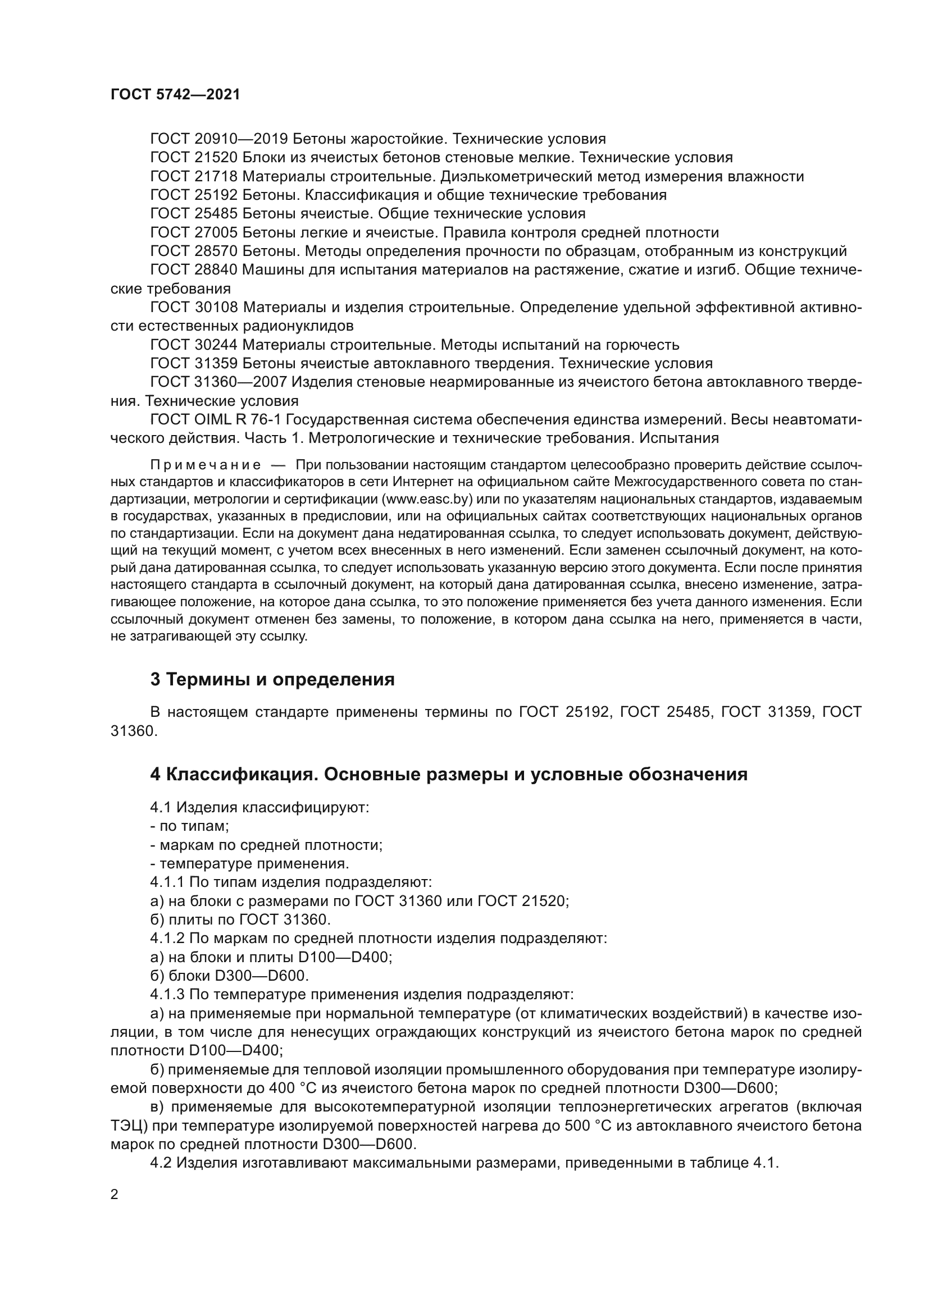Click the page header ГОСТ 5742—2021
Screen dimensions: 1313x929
point(175,94)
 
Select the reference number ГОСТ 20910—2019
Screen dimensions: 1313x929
point(219,139)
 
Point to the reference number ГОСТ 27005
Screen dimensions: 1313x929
point(194,233)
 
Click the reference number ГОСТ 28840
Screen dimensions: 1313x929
point(194,270)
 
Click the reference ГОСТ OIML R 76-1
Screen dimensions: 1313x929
point(215,420)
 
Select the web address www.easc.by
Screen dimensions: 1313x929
point(428,499)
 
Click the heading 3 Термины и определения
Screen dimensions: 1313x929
point(272,679)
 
